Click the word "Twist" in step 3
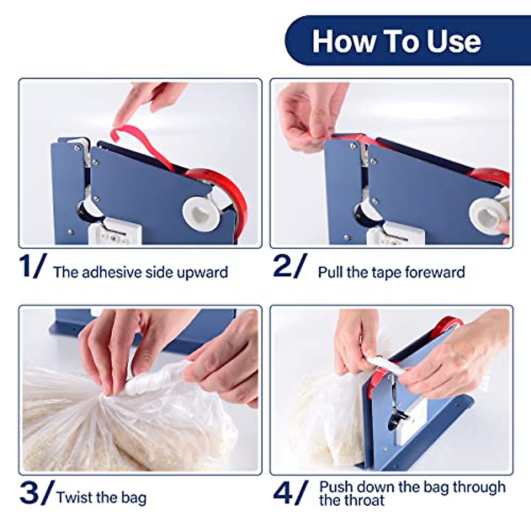[74, 497]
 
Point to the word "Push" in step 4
[337, 487]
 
